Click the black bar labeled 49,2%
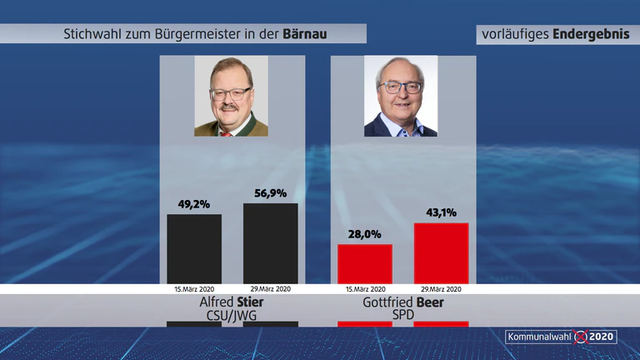pyautogui.click(x=194, y=249)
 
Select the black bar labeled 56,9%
pyautogui.click(x=271, y=243)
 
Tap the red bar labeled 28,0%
pyautogui.click(x=365, y=264)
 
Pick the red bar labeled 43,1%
pyautogui.click(x=441, y=253)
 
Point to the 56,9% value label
pyautogui.click(x=271, y=193)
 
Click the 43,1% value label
pyautogui.click(x=441, y=212)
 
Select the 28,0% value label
pyautogui.click(x=364, y=234)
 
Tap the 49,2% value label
pyautogui.click(x=194, y=204)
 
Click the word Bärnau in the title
pyautogui.click(x=305, y=34)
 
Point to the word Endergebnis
pyautogui.click(x=591, y=34)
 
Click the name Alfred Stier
pyautogui.click(x=232, y=302)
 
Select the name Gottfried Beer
pyautogui.click(x=403, y=302)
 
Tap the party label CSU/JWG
pyautogui.click(x=232, y=316)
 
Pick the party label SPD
pyautogui.click(x=403, y=315)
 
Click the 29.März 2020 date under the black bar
pyautogui.click(x=271, y=289)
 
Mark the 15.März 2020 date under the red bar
pyautogui.click(x=365, y=289)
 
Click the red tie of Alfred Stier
pyautogui.click(x=226, y=134)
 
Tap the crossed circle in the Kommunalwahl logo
pyautogui.click(x=581, y=337)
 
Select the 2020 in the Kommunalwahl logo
pyautogui.click(x=601, y=337)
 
